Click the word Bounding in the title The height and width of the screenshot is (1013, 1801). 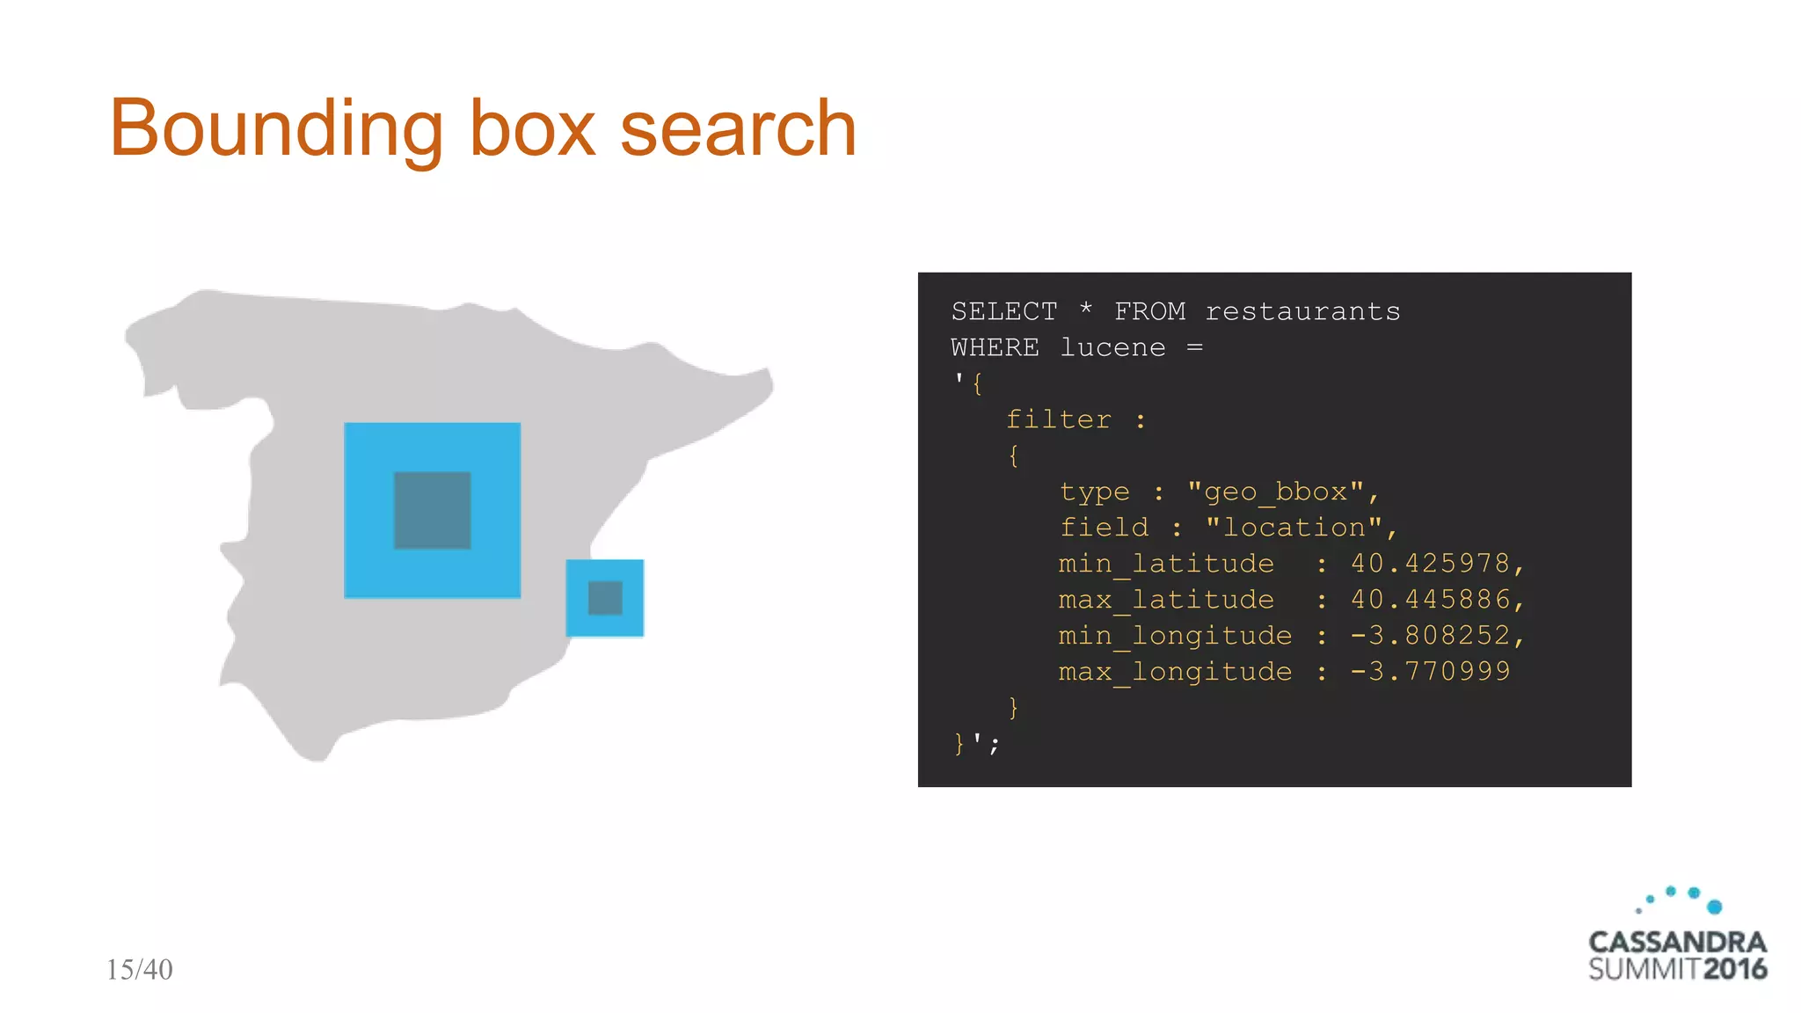tap(275, 130)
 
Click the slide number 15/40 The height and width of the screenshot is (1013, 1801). tap(139, 969)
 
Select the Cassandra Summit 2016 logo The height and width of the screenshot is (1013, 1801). tap(1677, 937)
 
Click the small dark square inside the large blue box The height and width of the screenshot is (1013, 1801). tap(432, 510)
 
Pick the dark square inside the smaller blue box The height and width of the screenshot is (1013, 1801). tap(605, 598)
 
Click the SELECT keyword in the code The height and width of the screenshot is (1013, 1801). tap(1003, 311)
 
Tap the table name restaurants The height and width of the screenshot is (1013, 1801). tap(1302, 311)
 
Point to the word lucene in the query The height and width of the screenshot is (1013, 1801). tap(1112, 347)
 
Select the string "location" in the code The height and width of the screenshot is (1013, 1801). tap(1294, 528)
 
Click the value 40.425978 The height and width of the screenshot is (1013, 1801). tap(1430, 563)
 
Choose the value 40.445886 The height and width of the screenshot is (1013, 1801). tap(1430, 599)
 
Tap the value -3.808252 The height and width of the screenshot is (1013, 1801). tap(1430, 635)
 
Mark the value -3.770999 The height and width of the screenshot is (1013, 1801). tap(1430, 671)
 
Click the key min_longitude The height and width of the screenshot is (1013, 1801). tap(1175, 636)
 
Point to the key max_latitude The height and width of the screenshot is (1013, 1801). tap(1166, 600)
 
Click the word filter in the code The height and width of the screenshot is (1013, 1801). tap(1058, 419)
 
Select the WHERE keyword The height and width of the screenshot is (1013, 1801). tap(995, 347)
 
